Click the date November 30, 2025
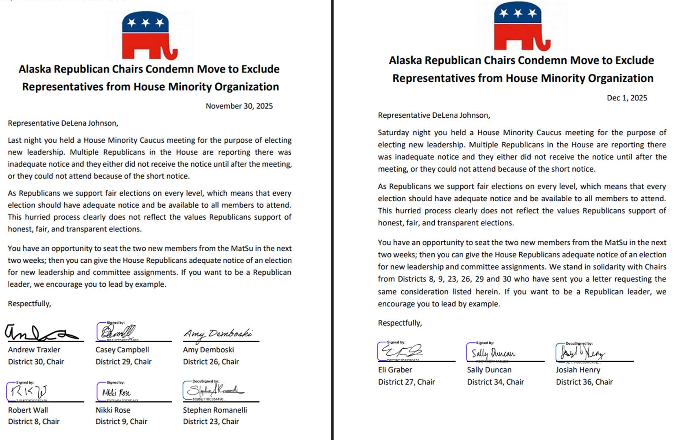(x=239, y=106)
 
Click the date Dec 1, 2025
(x=627, y=98)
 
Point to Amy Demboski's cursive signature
(x=218, y=334)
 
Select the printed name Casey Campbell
(x=122, y=350)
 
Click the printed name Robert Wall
(x=28, y=410)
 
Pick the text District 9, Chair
(x=121, y=421)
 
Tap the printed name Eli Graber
(x=395, y=370)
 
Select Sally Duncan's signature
(x=493, y=353)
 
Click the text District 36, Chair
(x=584, y=382)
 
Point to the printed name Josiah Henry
(x=578, y=370)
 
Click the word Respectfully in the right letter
(x=399, y=323)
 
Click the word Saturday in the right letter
(x=393, y=132)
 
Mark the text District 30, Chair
(x=36, y=361)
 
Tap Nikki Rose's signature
(x=116, y=392)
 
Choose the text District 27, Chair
(x=406, y=382)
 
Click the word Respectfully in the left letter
(x=29, y=304)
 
